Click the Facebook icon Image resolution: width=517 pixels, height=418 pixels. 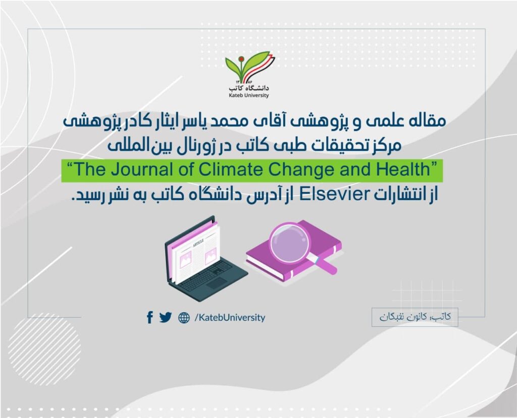click(x=149, y=317)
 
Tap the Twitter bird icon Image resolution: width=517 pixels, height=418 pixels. click(x=166, y=317)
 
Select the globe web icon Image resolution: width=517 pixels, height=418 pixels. click(x=184, y=318)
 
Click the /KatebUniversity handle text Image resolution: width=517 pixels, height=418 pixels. click(x=230, y=318)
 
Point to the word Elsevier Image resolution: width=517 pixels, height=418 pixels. click(x=335, y=194)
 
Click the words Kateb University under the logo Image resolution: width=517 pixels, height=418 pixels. click(x=248, y=95)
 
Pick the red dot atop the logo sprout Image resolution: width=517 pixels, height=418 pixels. click(x=241, y=59)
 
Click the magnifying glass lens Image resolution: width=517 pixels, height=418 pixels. click(x=289, y=243)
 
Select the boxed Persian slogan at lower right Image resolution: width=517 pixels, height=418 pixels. click(x=415, y=317)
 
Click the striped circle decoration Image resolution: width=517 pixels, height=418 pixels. click(x=44, y=349)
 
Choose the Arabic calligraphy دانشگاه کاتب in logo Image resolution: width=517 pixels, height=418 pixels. click(x=249, y=88)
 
